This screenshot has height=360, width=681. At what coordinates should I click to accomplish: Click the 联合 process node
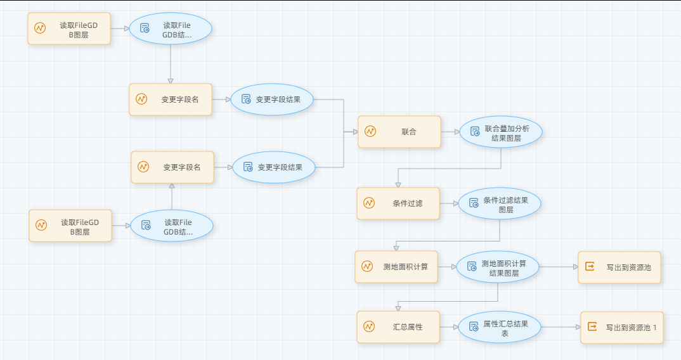(x=399, y=132)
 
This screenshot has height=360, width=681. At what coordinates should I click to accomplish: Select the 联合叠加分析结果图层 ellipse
(x=501, y=132)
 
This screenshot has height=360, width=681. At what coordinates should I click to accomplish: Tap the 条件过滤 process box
(x=398, y=203)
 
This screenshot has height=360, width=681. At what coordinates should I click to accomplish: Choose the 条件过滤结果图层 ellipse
(x=500, y=204)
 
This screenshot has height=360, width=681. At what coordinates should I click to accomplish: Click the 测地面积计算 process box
(x=396, y=267)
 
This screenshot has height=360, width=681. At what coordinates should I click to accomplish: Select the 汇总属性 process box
(x=398, y=327)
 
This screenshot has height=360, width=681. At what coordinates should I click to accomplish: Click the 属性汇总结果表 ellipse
(x=500, y=328)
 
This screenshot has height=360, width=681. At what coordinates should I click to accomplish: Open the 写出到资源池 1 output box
(x=621, y=328)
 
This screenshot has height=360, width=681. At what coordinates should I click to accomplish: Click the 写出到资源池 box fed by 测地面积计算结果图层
(x=619, y=267)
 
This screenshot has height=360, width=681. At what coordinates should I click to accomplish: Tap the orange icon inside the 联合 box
(x=370, y=132)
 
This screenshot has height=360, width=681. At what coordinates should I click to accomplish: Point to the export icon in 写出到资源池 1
(x=592, y=327)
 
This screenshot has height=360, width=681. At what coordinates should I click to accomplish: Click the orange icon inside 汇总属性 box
(x=369, y=327)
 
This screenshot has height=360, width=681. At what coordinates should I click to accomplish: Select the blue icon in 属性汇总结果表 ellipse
(x=473, y=327)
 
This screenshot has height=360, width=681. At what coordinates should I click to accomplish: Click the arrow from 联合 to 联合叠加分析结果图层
(x=450, y=132)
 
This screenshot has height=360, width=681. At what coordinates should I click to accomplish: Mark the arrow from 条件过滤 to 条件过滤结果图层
(x=449, y=203)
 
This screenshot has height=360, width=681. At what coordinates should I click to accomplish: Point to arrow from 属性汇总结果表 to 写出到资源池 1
(x=561, y=327)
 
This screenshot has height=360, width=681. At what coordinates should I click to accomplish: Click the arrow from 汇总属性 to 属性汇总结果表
(x=449, y=327)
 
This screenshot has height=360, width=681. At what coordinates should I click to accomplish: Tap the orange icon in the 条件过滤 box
(x=369, y=203)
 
